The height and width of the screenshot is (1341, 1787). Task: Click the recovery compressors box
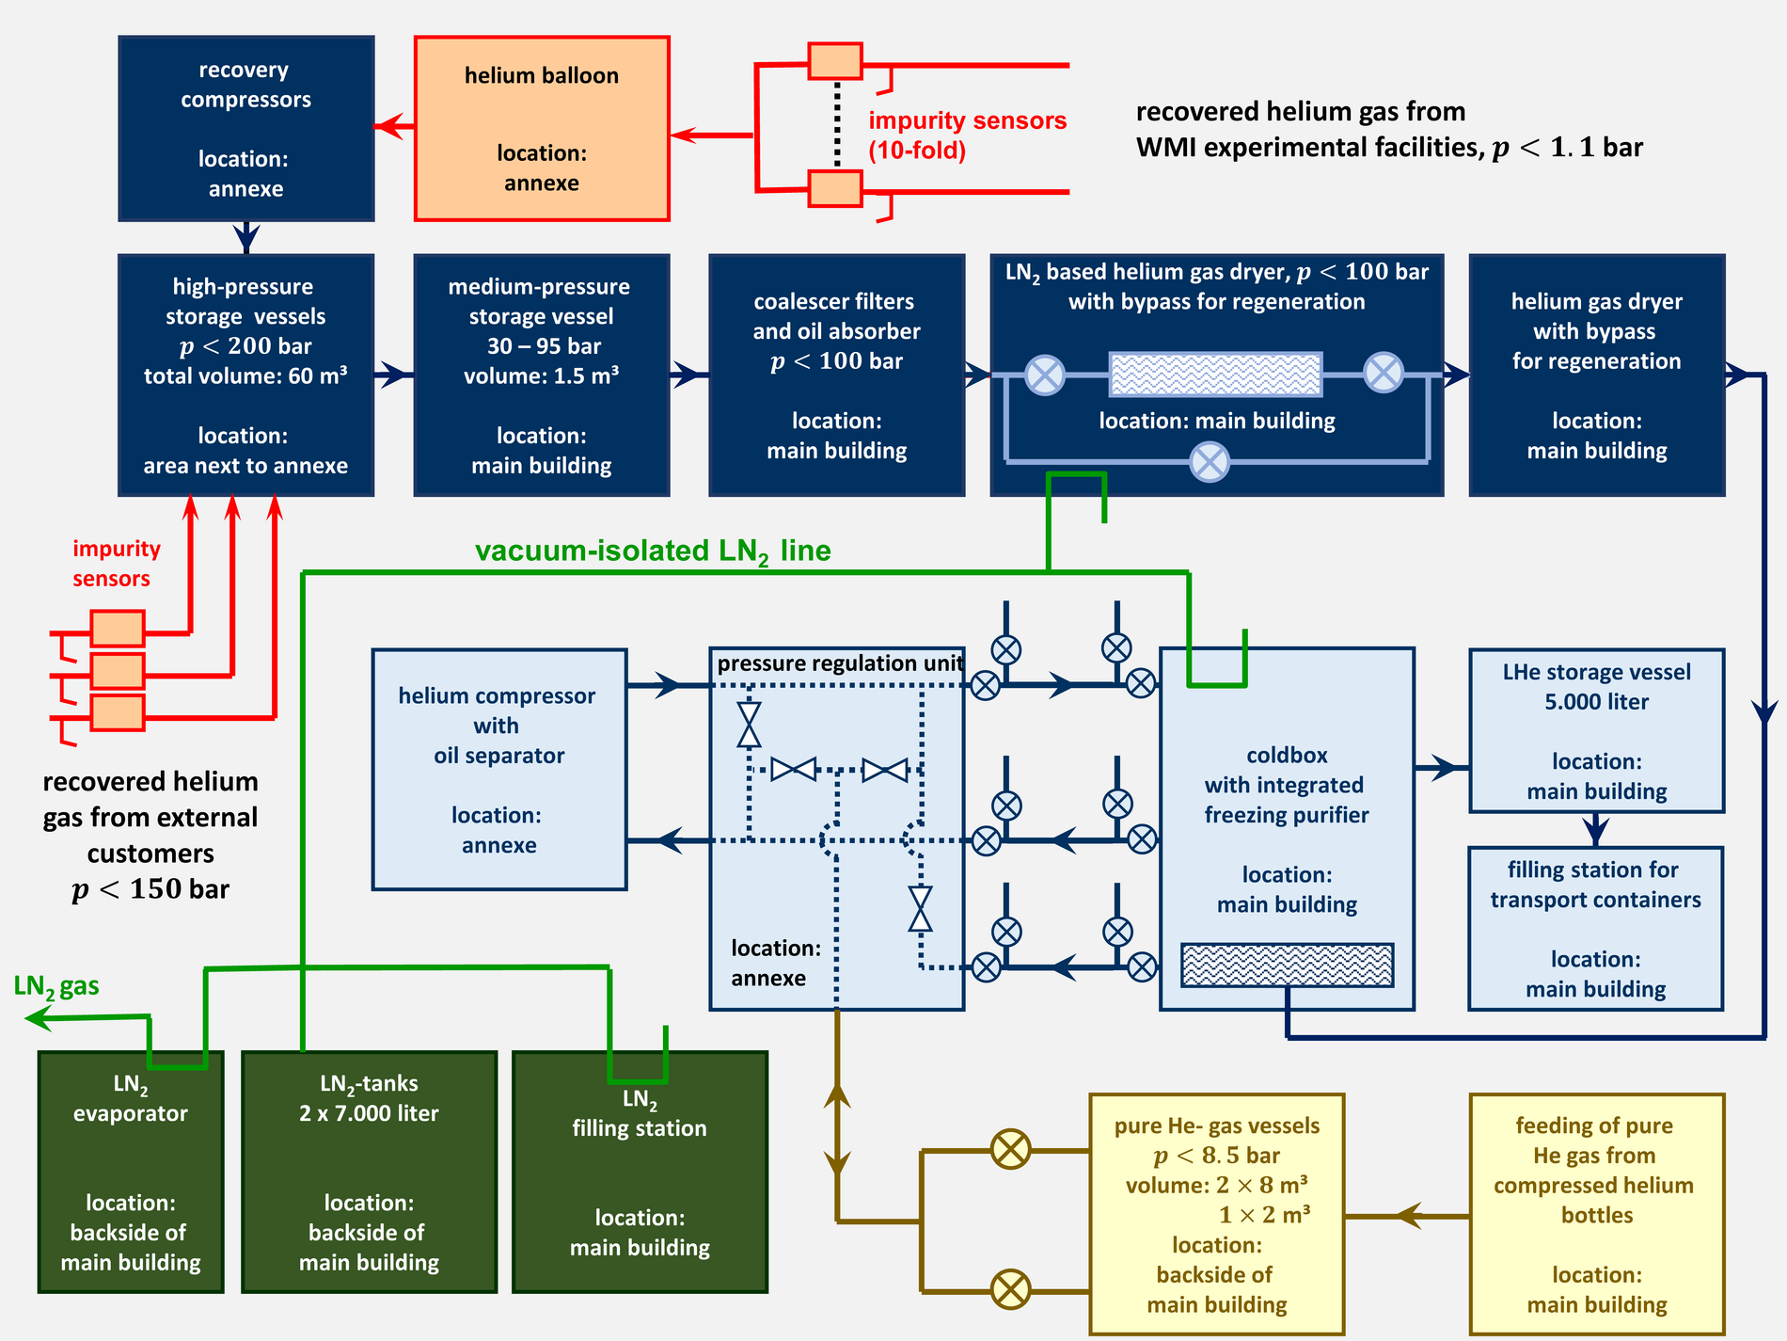245,129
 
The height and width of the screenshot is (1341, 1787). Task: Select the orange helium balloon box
542,129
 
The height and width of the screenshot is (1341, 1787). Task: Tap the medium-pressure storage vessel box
542,375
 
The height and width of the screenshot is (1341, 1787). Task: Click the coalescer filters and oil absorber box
836,375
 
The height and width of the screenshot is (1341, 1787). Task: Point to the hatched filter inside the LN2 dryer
1215,375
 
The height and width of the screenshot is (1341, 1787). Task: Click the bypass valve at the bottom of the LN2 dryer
1210,462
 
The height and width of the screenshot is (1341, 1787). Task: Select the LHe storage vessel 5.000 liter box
1596,730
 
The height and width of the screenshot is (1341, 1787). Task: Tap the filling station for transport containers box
1595,928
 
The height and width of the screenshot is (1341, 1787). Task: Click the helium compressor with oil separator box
498,769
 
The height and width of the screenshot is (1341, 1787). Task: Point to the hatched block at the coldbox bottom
1287,966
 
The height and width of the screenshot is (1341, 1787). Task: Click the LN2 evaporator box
131,1172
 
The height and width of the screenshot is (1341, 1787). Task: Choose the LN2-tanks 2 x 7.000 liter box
369,1172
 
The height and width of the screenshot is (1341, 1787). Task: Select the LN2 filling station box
640,1172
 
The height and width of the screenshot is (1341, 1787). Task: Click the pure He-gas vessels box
1216,1214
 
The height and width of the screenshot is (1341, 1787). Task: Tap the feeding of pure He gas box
1596,1214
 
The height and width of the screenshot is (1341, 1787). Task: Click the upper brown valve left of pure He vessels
1011,1149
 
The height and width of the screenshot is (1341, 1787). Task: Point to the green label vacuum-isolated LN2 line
653,551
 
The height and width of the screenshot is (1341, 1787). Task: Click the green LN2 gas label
56,987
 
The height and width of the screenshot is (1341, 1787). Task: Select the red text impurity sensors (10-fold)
966,135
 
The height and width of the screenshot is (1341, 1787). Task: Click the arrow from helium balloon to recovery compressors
395,126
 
